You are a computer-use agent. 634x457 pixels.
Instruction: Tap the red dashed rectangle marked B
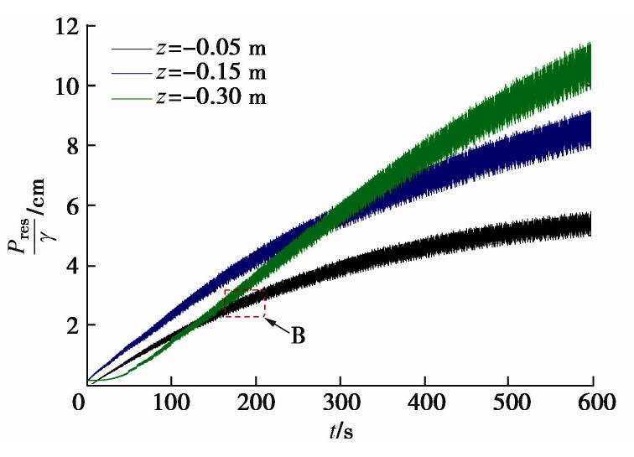click(244, 303)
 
